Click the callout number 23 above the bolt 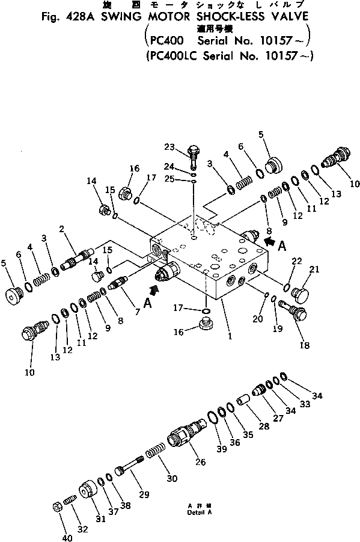(x=169, y=146)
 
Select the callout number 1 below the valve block (x=230, y=336)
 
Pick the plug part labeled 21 (x=299, y=293)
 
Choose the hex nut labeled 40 (x=58, y=507)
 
